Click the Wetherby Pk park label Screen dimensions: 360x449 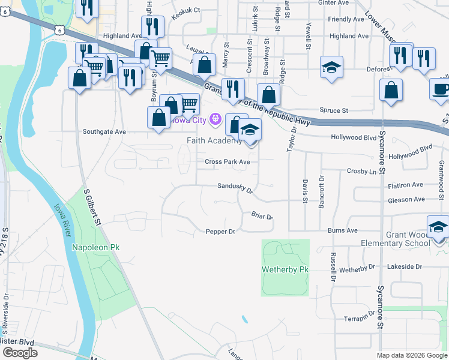click(x=285, y=270)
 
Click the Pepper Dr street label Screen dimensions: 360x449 click(x=220, y=232)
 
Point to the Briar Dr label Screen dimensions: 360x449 click(x=262, y=216)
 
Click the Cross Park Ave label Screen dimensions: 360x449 click(x=227, y=162)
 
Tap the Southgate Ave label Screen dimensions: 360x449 click(x=104, y=131)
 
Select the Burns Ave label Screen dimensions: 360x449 click(x=342, y=230)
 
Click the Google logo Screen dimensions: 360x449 click(x=20, y=353)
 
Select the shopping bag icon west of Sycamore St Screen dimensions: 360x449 click(x=391, y=91)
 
